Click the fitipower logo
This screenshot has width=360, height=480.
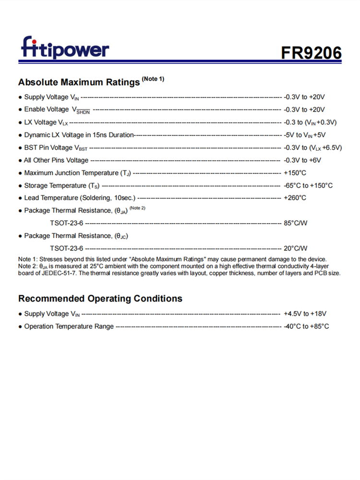pyautogui.click(x=65, y=48)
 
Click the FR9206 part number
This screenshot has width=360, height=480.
pyautogui.click(x=312, y=52)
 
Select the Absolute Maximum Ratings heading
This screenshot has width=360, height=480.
pyautogui.click(x=79, y=82)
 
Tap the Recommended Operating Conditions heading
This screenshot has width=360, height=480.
pyautogui.click(x=100, y=299)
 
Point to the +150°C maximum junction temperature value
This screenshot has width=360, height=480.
pyautogui.click(x=295, y=173)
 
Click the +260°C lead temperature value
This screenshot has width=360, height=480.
pyautogui.click(x=295, y=198)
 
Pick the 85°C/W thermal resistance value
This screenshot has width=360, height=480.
pyautogui.click(x=296, y=223)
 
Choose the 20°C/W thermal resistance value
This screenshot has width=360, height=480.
pyautogui.click(x=296, y=248)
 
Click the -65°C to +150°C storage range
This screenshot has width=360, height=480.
pyautogui.click(x=308, y=185)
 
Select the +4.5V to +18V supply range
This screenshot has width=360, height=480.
pyautogui.click(x=305, y=314)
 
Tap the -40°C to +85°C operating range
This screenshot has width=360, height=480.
pyautogui.click(x=306, y=326)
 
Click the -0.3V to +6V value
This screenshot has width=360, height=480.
pyautogui.click(x=302, y=160)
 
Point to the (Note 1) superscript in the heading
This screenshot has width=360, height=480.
pyautogui.click(x=153, y=79)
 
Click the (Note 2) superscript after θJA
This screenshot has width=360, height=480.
pyautogui.click(x=137, y=208)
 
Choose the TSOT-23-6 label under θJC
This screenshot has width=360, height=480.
pyautogui.click(x=66, y=248)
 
